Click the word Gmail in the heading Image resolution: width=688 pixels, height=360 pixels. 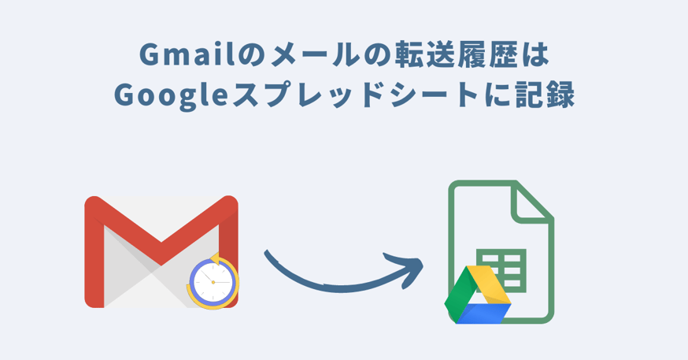[187, 55]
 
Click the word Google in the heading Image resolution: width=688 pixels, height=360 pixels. [171, 95]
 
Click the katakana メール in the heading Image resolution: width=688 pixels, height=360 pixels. [306, 56]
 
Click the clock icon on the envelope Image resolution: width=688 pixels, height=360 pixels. [213, 281]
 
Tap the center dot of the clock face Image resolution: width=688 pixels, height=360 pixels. [213, 282]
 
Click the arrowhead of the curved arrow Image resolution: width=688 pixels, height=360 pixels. [409, 268]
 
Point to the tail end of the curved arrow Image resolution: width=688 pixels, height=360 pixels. [266, 252]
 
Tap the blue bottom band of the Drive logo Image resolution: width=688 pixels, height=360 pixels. [483, 314]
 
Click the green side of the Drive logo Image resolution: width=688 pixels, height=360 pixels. [460, 294]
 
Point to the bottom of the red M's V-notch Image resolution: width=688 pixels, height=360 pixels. [161, 265]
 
